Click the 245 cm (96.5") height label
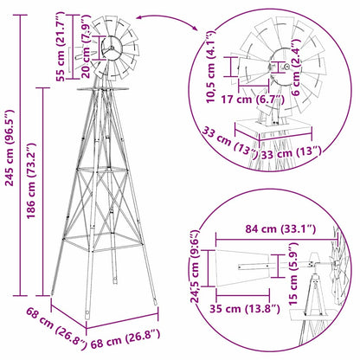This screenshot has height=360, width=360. pos(10,174)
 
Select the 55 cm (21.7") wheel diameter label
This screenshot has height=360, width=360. pos(60,48)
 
